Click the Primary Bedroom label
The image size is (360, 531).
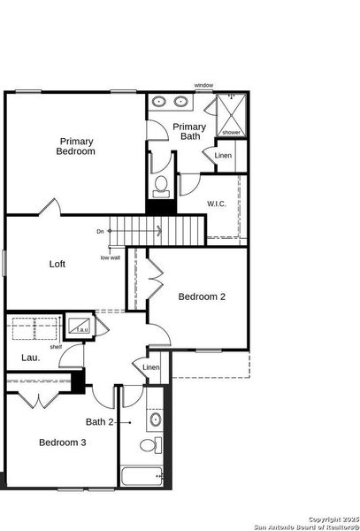click(77, 146)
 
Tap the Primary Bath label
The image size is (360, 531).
click(189, 132)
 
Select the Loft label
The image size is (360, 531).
click(57, 264)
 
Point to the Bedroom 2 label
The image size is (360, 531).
click(202, 296)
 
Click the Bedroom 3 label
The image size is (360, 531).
click(62, 442)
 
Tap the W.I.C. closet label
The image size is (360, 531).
click(218, 204)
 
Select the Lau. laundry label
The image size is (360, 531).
click(28, 358)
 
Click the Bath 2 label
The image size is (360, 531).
click(100, 422)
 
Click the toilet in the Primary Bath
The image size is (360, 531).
click(160, 185)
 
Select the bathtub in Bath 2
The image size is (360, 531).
click(142, 477)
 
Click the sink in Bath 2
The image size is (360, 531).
click(155, 419)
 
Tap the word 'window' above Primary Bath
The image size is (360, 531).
click(204, 86)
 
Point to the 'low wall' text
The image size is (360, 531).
click(110, 258)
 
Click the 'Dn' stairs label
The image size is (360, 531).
click(101, 232)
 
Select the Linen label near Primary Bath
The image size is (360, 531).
click(223, 156)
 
